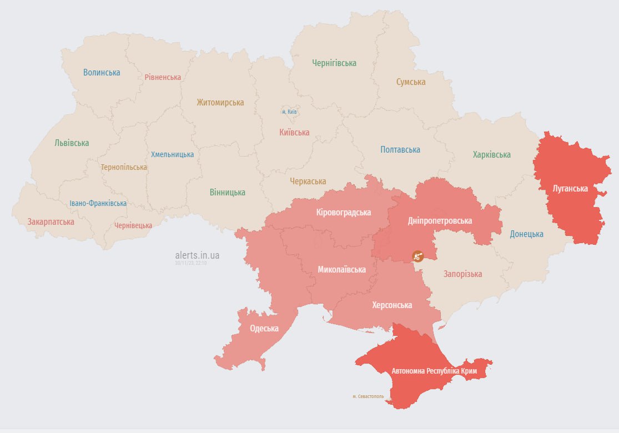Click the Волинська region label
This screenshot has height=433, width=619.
coord(102,72)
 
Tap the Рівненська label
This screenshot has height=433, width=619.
coord(163,77)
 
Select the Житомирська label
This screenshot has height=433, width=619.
coord(220,102)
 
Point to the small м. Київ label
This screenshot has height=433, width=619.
coord(289,112)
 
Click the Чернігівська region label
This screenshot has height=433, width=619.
coord(334,63)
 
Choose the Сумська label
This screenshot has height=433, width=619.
coord(411,82)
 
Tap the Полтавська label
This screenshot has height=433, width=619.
coord(400,149)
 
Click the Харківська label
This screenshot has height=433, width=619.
coord(491,154)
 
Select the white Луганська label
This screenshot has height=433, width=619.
coord(570,188)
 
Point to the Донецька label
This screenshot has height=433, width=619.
coord(526,234)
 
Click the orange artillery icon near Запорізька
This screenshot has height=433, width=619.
coord(417,256)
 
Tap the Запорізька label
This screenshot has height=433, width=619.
coord(462,274)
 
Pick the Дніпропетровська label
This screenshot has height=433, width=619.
coord(440,220)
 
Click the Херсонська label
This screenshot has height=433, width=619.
coord(392,305)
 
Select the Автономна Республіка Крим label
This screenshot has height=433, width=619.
coord(442,370)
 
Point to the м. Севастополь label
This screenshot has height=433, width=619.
coord(368,396)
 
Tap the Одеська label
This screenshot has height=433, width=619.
coord(264,328)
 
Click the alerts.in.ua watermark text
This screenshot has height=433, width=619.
coord(197,255)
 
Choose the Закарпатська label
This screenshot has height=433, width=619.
coord(51,221)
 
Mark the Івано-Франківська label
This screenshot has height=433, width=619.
coord(98,203)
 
